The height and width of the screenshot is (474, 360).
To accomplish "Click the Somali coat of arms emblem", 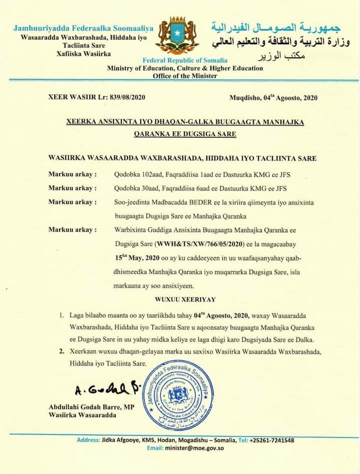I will pos(177,35).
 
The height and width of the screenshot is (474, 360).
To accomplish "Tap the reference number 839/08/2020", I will pos(127,97).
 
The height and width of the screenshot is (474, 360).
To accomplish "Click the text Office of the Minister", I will pos(185,76).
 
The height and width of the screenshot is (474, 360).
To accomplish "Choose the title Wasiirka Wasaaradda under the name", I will pos(82,415).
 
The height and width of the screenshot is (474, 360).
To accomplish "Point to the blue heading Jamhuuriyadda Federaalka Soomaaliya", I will pos(83,27).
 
